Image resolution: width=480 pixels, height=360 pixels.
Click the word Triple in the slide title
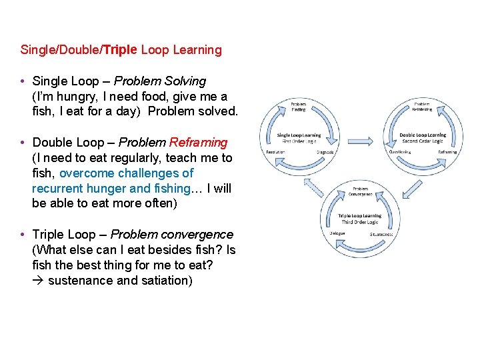120,50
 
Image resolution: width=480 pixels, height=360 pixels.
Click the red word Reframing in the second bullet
198,143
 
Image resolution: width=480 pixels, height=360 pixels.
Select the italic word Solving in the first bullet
186,81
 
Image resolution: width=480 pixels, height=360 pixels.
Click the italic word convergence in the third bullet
200,235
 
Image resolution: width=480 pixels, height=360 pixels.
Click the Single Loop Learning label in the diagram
299,135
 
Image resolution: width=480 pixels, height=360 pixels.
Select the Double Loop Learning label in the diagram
423,135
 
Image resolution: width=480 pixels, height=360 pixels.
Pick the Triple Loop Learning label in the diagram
359,216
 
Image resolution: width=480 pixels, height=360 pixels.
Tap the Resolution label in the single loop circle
276,152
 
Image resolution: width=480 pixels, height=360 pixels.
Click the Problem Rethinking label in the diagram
422,107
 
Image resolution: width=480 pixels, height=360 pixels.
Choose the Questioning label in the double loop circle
399,152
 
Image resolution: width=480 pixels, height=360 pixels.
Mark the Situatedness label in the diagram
381,234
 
